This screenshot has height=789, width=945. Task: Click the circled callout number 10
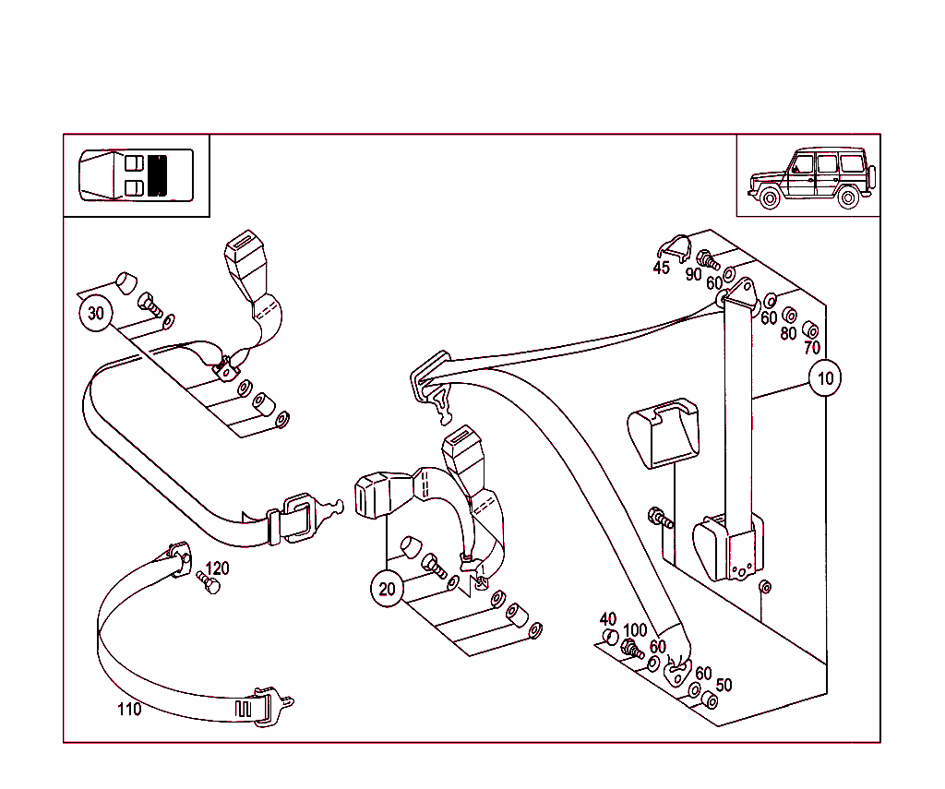coord(825,377)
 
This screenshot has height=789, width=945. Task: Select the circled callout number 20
coord(387,589)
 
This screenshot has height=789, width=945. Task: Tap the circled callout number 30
coord(96,314)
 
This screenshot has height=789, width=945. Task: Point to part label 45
coord(661,268)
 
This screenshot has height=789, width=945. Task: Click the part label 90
coord(693,274)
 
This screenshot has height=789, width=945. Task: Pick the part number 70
coord(811,348)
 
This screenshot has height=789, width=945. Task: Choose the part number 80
coord(787,333)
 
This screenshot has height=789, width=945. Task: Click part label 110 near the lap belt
coord(129,710)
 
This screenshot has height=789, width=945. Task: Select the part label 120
coord(217,568)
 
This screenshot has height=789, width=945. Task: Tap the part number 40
coord(607,619)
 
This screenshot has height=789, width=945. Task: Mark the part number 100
coord(635,631)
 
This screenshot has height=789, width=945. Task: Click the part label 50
coord(724,685)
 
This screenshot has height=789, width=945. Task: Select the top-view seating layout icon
coord(137,175)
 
